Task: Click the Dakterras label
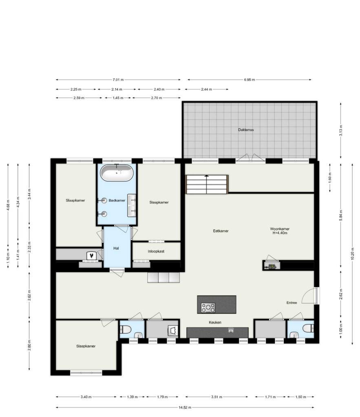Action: tap(246, 130)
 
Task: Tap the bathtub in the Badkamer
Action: tap(117, 173)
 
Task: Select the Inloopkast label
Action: tap(156, 251)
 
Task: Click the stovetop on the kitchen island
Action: tap(208, 307)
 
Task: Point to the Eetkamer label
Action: tap(221, 231)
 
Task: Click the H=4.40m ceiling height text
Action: tap(279, 233)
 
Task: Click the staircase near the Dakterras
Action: tap(207, 184)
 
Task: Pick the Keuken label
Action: tap(215, 322)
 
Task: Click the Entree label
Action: tap(291, 303)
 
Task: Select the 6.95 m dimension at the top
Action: tap(250, 80)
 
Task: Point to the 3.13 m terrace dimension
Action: tap(341, 130)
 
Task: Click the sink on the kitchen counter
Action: tap(231, 330)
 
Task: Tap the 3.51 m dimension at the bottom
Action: tap(216, 397)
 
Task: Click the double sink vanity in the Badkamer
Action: tap(131, 205)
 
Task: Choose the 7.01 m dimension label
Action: tap(118, 80)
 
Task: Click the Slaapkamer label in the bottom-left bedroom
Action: tap(86, 346)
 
